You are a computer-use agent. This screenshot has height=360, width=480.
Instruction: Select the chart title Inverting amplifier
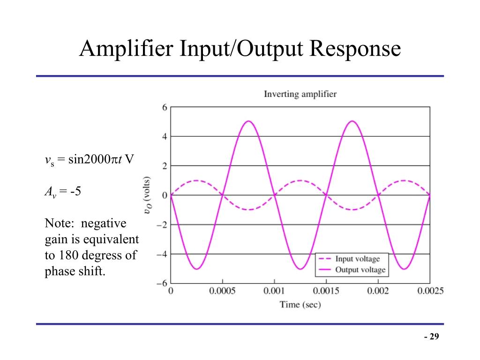(300, 94)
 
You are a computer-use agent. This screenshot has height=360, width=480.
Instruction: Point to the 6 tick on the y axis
(165, 107)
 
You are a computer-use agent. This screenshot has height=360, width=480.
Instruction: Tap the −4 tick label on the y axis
(162, 254)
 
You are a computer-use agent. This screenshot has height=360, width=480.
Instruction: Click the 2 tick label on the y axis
(165, 166)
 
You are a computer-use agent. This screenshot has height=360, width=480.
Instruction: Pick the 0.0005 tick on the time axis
(222, 291)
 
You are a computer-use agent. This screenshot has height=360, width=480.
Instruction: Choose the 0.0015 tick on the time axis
(326, 291)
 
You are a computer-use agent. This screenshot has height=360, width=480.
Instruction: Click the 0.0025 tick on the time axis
(430, 291)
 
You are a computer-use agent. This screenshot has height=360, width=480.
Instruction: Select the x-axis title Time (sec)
(300, 305)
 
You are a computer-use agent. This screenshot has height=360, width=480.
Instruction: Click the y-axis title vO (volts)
(148, 195)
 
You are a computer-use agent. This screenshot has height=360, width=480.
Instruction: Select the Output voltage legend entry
(360, 270)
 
